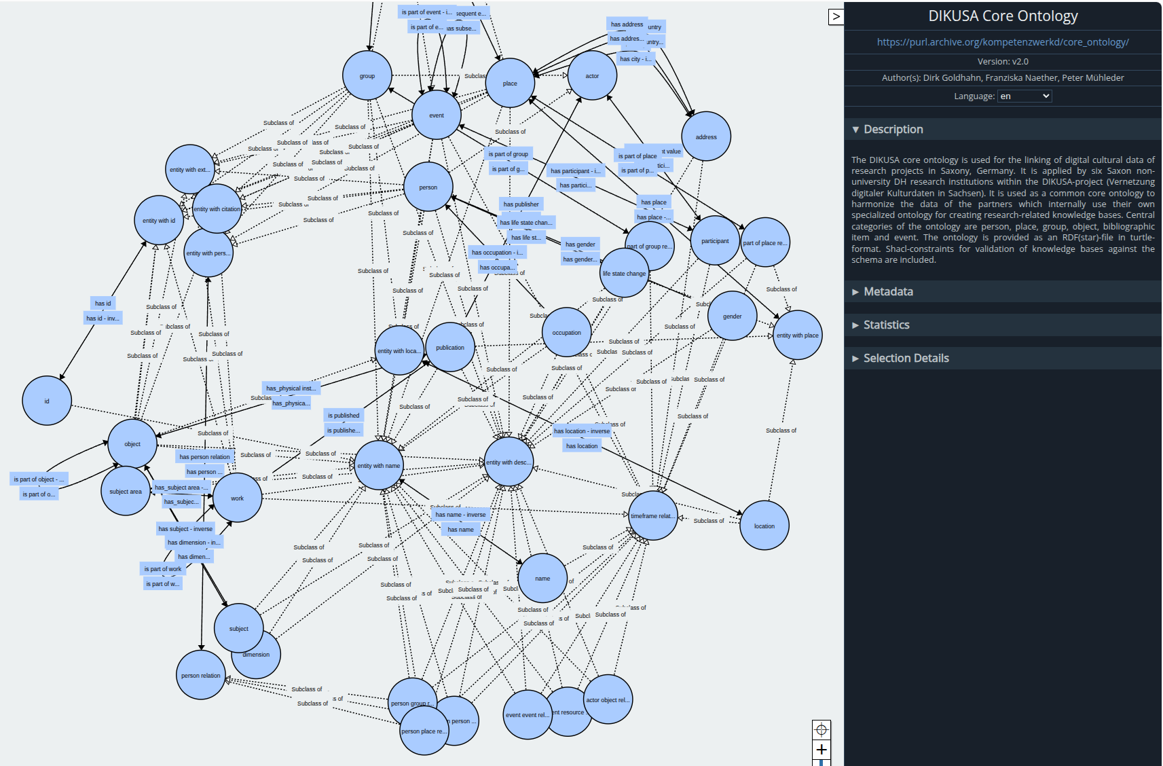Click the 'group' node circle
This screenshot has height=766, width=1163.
(x=367, y=76)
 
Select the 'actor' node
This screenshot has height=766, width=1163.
(x=592, y=76)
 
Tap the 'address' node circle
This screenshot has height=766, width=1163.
(x=706, y=136)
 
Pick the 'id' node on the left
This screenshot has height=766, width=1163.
(x=47, y=401)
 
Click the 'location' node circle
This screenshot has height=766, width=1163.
(x=764, y=526)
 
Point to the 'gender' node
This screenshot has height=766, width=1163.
(x=732, y=316)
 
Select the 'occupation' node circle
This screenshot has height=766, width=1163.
(x=566, y=333)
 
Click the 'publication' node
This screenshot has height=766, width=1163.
(x=450, y=347)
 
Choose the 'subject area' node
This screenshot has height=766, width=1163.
(x=126, y=491)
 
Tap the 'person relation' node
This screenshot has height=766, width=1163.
(x=201, y=676)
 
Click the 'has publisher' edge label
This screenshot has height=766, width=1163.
(x=521, y=204)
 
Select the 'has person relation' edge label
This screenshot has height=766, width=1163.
(x=205, y=457)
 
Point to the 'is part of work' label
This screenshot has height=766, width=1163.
(x=163, y=569)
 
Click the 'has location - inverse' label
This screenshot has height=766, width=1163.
(x=582, y=431)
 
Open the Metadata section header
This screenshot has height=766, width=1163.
(x=888, y=292)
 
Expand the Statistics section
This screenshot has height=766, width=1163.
(x=886, y=325)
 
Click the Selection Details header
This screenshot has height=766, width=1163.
(x=906, y=359)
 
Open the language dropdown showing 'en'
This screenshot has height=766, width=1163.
(x=1024, y=96)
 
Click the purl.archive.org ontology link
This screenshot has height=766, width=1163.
(x=1003, y=42)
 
